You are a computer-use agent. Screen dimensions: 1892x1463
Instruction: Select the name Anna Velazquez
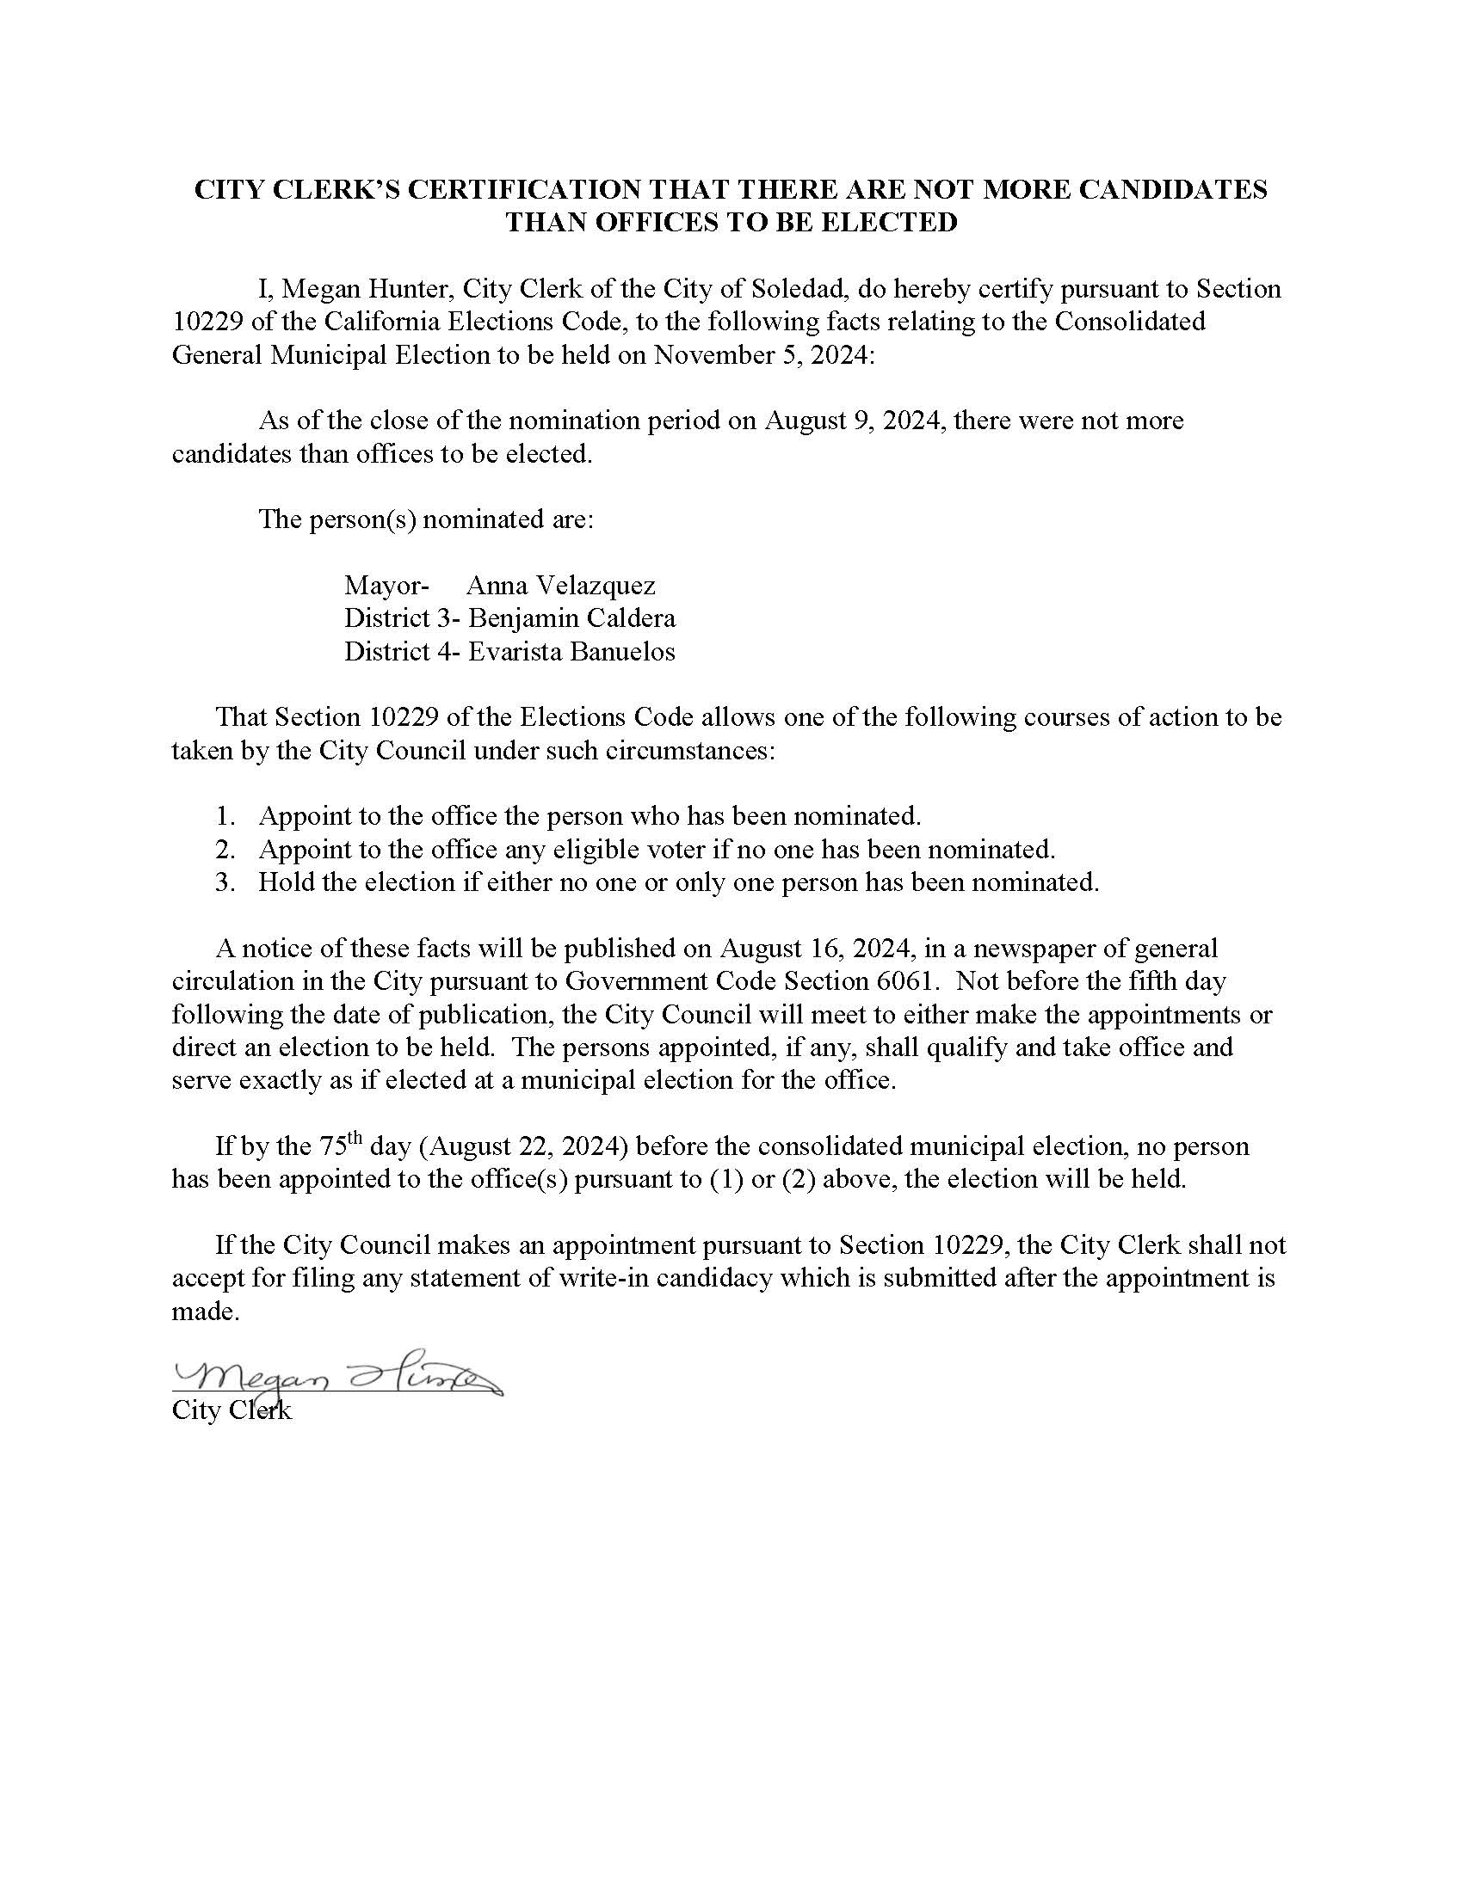561,586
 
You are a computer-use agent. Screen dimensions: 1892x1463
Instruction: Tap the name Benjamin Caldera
572,618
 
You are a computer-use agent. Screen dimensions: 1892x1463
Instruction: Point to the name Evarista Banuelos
572,652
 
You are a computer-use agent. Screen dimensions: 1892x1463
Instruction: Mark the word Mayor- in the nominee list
386,586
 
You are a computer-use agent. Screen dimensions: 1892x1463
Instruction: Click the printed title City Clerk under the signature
231,1410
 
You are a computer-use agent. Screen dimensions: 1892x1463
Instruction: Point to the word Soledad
790,288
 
